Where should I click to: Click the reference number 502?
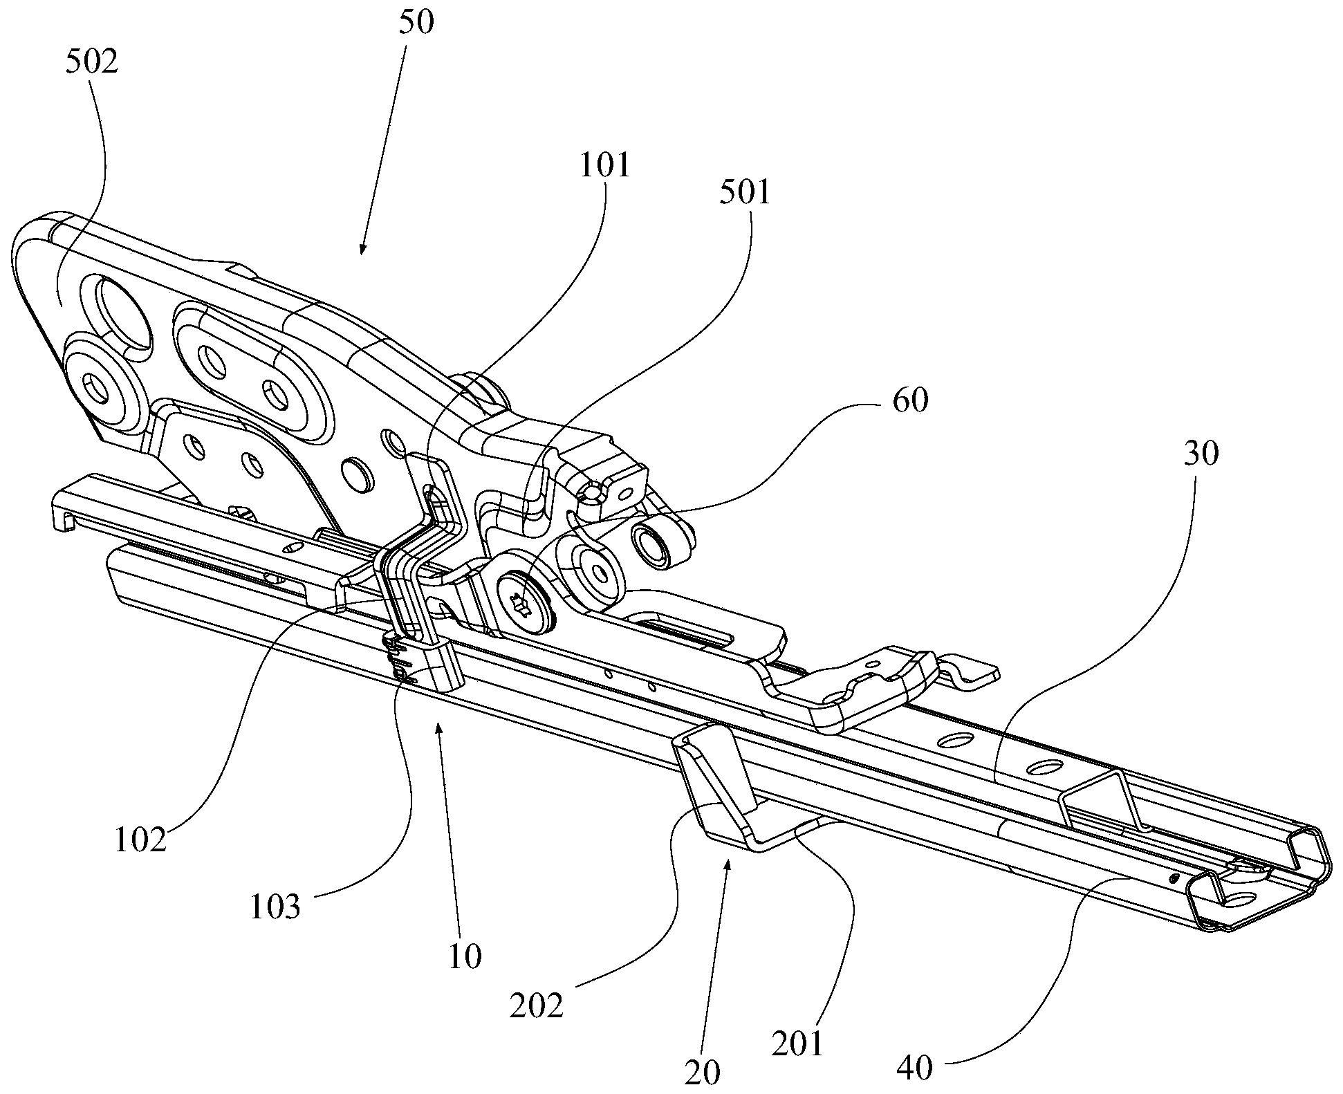point(91,62)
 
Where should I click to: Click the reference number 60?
point(909,400)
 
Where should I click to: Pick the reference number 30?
point(1201,454)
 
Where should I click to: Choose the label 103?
point(275,907)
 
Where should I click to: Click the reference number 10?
point(464,957)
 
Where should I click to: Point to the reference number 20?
point(702,1073)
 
